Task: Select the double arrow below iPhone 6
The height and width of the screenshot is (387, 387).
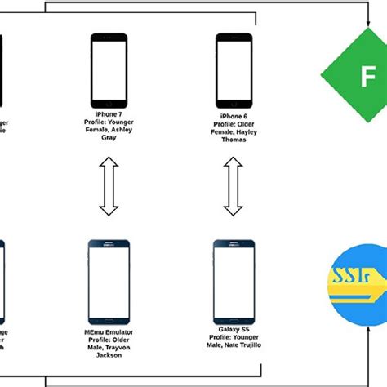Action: point(233,188)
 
